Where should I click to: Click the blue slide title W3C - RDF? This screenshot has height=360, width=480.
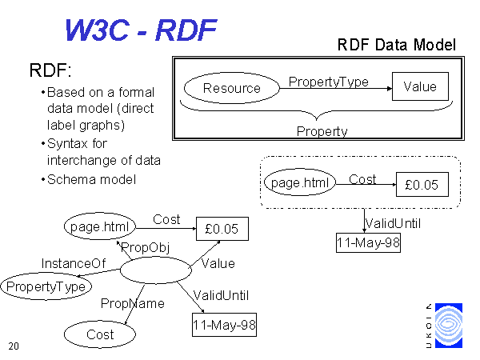(141, 30)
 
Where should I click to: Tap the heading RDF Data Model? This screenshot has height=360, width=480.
(397, 45)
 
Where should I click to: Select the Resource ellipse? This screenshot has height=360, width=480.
(232, 88)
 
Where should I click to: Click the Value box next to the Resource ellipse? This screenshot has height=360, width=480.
(420, 86)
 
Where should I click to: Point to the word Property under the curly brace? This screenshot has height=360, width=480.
(322, 132)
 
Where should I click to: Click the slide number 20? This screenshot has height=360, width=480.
(14, 346)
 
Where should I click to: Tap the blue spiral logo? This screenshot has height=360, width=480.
(449, 326)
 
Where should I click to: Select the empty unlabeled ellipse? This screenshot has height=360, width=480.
(156, 270)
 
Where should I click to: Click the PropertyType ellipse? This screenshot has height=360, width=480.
(46, 286)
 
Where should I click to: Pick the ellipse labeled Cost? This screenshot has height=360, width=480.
(100, 334)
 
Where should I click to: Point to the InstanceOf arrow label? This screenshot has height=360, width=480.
(74, 263)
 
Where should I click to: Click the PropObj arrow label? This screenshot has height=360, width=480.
(146, 248)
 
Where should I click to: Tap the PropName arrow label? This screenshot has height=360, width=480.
(133, 303)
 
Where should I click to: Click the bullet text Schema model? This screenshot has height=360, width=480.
(91, 180)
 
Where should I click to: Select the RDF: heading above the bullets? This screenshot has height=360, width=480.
(50, 70)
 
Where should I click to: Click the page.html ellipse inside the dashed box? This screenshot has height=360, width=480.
(300, 182)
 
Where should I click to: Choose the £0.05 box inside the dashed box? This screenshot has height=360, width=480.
(422, 185)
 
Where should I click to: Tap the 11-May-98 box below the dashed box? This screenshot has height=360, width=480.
(368, 242)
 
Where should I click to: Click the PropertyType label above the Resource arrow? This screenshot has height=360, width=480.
(329, 82)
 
